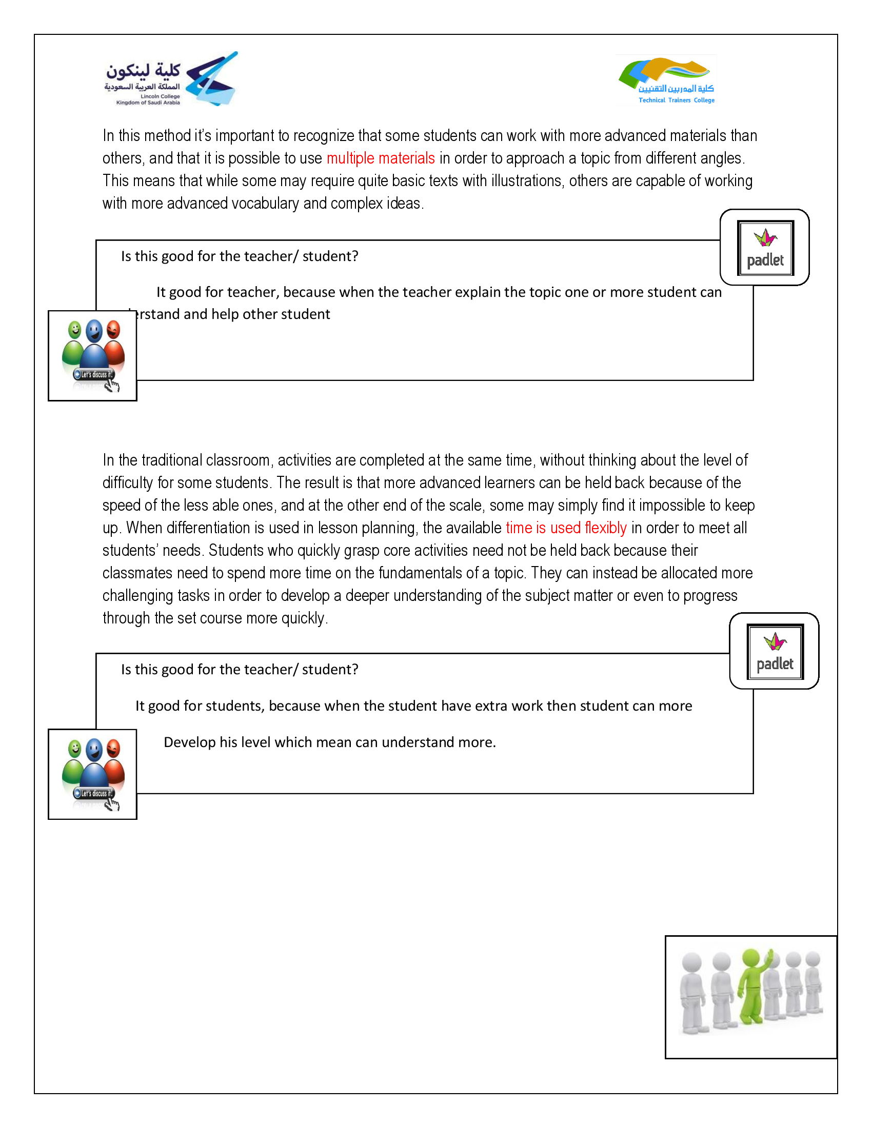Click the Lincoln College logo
[x=170, y=79]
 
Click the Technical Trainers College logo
[x=666, y=80]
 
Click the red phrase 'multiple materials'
[x=380, y=158]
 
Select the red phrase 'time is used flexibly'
[x=566, y=528]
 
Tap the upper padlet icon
[x=765, y=248]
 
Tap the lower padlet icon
[x=775, y=651]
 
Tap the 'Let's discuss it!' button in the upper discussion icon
[x=94, y=374]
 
